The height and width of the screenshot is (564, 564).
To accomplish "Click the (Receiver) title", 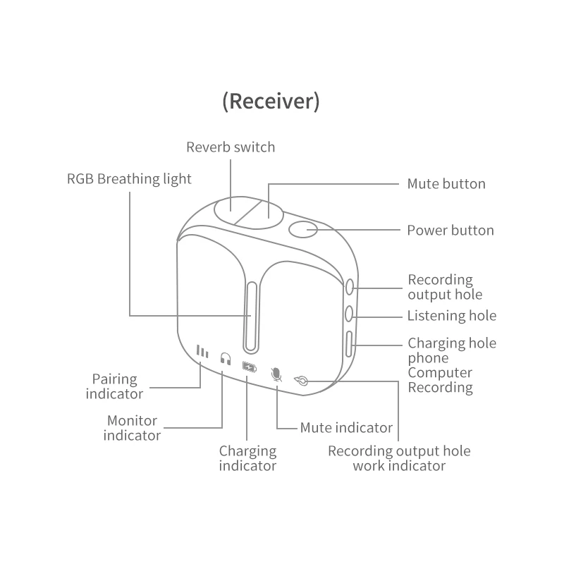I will [271, 102].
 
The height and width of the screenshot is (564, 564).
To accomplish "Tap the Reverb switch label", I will [231, 147].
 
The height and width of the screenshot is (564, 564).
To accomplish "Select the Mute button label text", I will [446, 184].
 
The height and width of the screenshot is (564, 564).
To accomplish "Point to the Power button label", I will [450, 231].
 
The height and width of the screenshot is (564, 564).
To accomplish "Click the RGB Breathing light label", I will [129, 179].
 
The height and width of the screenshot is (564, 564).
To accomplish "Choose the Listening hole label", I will [452, 316].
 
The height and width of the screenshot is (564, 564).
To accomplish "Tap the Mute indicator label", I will [346, 427].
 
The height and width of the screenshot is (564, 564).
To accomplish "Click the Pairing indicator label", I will [114, 386].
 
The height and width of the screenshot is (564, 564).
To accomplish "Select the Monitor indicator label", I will [132, 428].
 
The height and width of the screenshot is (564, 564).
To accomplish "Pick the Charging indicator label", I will [247, 458].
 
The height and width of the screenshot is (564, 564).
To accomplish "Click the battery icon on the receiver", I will [250, 367].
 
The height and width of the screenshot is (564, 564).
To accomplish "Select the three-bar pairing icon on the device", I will [202, 352].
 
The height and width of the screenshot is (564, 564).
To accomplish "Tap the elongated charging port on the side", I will [350, 345].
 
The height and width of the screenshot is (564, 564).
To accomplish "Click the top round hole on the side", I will [350, 287].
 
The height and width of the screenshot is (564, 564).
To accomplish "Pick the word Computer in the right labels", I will [440, 373].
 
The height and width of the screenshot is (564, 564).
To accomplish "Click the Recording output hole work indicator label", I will [399, 458].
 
